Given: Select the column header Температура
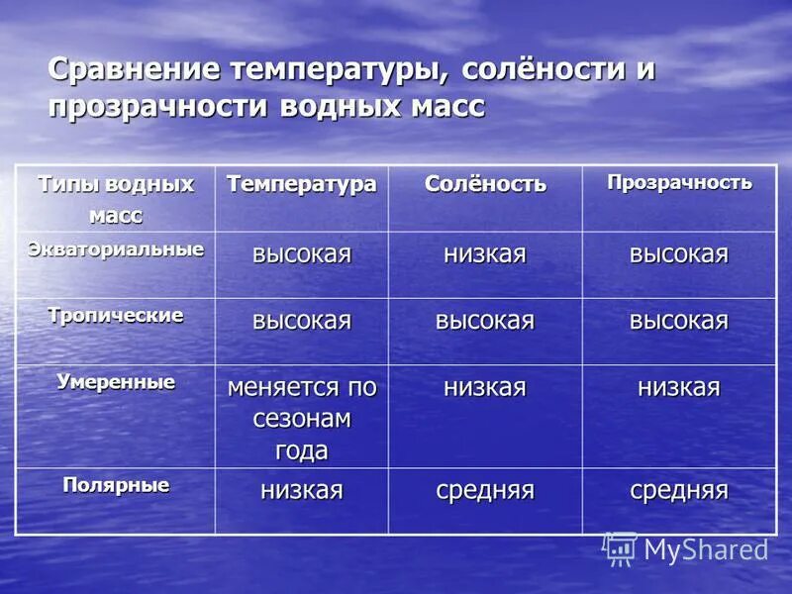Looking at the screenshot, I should point(302,184).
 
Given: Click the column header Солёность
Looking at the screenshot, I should point(485,184).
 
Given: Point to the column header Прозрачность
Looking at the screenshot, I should point(679,182).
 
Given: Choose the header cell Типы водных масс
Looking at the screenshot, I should point(116,198).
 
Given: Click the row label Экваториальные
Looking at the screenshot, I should point(116,248).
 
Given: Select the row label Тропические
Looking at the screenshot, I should point(116,315).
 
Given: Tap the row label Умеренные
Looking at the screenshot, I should point(116,381).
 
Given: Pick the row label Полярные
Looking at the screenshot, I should point(116,485).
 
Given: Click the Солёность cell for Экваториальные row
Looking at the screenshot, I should point(485,254).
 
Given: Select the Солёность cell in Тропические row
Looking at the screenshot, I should point(485,321).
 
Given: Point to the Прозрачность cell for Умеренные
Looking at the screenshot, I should point(679,387).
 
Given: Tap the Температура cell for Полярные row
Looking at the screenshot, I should point(302,490).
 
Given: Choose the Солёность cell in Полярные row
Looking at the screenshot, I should point(485,490).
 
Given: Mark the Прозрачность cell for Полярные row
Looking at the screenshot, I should point(679,490).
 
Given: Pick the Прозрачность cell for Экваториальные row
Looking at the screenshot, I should point(679,254).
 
